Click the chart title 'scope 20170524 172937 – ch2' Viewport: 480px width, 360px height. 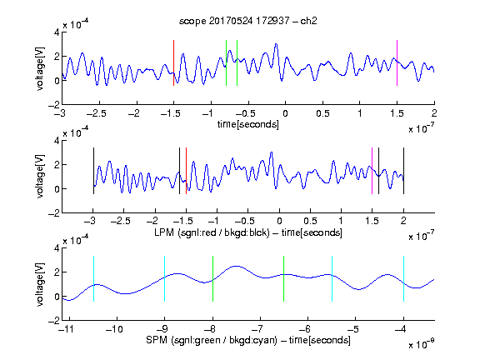[x=248, y=21]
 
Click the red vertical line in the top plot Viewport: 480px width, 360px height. [x=173, y=62]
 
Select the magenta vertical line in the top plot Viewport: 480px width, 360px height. [x=397, y=62]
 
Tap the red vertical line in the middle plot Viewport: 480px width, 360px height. [x=186, y=171]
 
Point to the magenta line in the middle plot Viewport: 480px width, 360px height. [x=372, y=171]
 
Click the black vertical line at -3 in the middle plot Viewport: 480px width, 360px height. [x=93, y=171]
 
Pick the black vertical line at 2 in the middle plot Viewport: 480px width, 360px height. [x=403, y=171]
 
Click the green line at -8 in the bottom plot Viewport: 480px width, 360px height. [x=212, y=278]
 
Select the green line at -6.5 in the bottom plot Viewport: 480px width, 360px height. [x=284, y=278]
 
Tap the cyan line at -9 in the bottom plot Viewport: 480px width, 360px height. [x=165, y=278]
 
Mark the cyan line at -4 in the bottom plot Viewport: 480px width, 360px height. [x=404, y=278]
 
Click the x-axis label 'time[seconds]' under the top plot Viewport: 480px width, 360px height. [x=248, y=124]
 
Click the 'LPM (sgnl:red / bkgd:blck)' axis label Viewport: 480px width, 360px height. [x=212, y=232]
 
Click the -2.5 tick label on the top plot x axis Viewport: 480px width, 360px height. [x=97, y=113]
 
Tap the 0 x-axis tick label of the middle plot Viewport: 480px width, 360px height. [x=279, y=221]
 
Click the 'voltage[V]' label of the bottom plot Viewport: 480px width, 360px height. [x=40, y=284]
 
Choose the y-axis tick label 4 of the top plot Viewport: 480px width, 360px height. [x=57, y=32]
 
